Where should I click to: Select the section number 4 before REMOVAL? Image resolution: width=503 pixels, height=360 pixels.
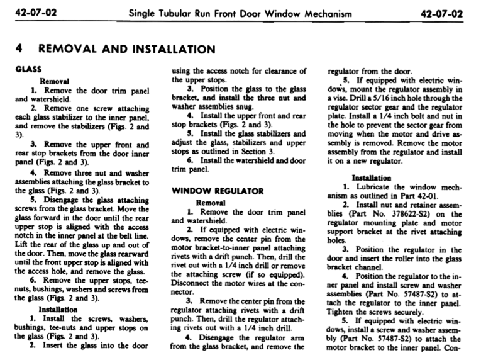pos(19,48)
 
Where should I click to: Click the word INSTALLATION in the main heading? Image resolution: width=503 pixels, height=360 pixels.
pos(164,48)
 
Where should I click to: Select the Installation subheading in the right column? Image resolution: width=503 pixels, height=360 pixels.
pos(373,178)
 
